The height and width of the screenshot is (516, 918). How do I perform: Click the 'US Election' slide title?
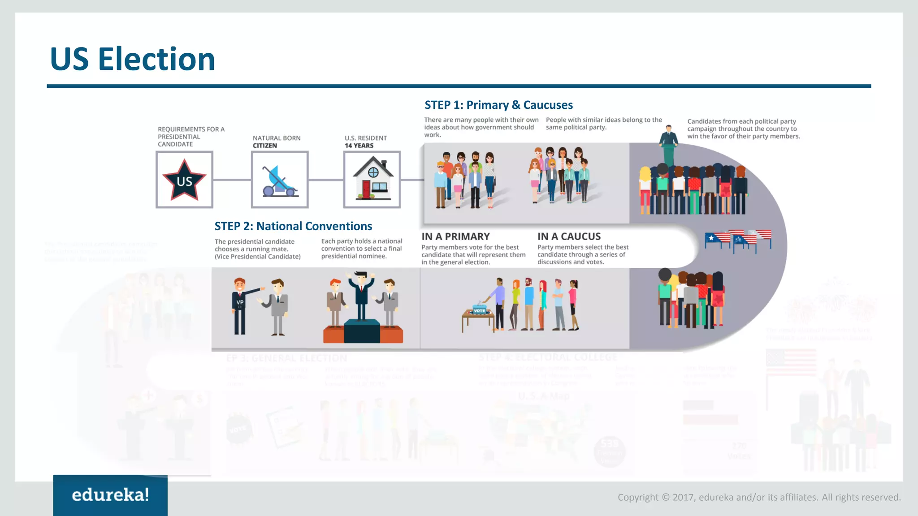pyautogui.click(x=133, y=59)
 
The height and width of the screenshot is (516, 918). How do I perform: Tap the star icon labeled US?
pyautogui.click(x=184, y=180)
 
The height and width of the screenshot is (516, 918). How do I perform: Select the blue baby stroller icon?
pyautogui.click(x=279, y=181)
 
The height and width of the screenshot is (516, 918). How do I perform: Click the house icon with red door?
pyautogui.click(x=372, y=179)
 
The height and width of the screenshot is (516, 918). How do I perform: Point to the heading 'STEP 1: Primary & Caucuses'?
pyautogui.click(x=498, y=105)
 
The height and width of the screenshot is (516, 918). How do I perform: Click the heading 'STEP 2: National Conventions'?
pyautogui.click(x=293, y=226)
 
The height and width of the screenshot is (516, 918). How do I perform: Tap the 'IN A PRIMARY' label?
pyautogui.click(x=455, y=236)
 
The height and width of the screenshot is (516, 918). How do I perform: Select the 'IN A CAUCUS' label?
pyautogui.click(x=569, y=236)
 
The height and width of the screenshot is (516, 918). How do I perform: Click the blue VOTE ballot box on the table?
pyautogui.click(x=479, y=310)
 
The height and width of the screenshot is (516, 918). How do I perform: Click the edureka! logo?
pyautogui.click(x=110, y=495)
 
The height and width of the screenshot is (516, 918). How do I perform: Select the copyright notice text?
pyautogui.click(x=759, y=497)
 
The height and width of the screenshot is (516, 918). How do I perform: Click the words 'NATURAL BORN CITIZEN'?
pyautogui.click(x=277, y=142)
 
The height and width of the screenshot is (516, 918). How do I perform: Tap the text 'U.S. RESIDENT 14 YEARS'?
pyautogui.click(x=365, y=142)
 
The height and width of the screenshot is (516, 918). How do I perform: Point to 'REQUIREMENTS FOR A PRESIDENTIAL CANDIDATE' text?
pyautogui.click(x=191, y=137)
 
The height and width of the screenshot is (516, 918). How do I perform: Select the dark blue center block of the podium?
pyautogui.click(x=362, y=331)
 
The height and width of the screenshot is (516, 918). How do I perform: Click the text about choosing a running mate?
pyautogui.click(x=257, y=249)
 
